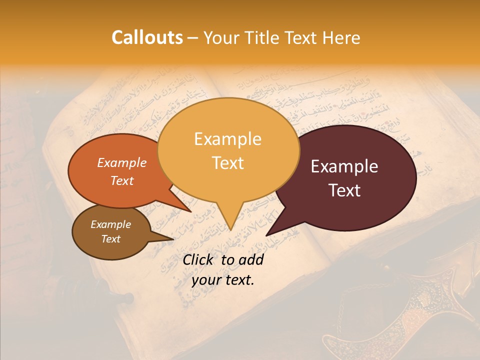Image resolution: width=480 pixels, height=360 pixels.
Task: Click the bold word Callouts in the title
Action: coord(147,37)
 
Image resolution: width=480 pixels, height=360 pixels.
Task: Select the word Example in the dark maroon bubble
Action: coord(344,166)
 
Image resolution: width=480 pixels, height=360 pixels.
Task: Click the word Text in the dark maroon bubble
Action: coord(345,190)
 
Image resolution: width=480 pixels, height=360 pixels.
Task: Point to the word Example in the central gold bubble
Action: coord(227,139)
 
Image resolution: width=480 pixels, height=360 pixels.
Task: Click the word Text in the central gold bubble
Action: coord(228,163)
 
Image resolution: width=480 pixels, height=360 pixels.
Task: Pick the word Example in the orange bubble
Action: coord(122,163)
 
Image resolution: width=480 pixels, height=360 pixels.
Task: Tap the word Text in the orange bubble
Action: coord(122,180)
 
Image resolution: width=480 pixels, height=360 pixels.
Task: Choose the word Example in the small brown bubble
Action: coord(110,224)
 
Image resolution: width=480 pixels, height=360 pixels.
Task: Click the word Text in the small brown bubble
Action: coord(110,239)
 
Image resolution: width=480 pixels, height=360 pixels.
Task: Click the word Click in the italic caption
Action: coord(199,259)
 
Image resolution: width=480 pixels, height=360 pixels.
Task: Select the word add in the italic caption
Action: coord(251,259)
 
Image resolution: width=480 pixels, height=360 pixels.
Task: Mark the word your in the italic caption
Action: coord(207,280)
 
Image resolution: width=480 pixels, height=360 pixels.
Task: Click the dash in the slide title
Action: coord(193,38)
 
